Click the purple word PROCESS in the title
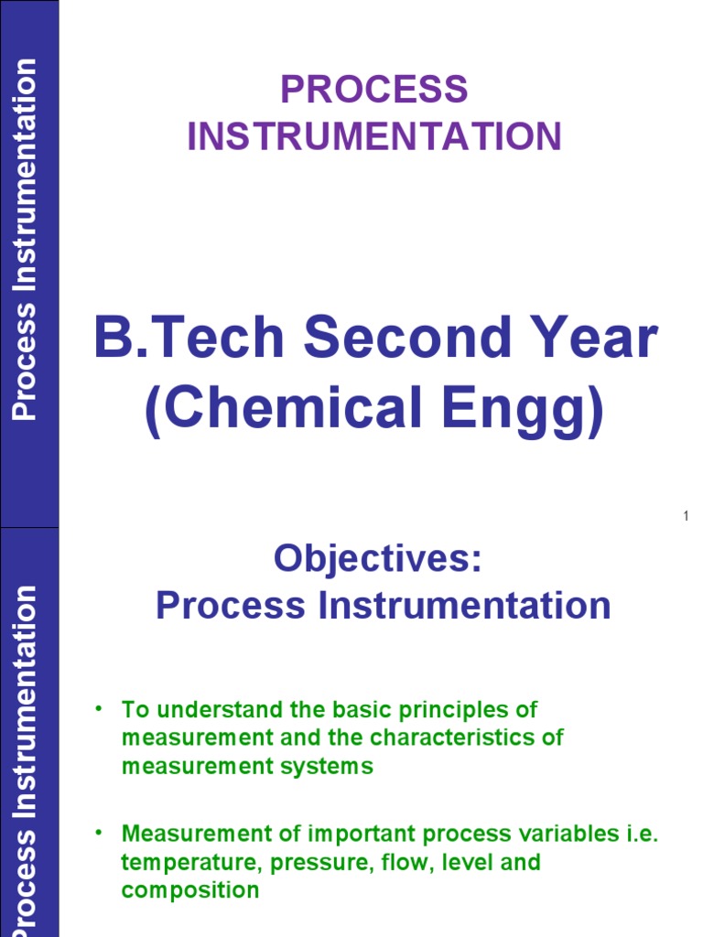coord(373,91)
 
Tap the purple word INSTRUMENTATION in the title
coord(373,136)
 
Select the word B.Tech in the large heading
coord(189,339)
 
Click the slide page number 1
coord(684,518)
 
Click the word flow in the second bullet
coord(384,863)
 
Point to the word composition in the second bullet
coord(189,890)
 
